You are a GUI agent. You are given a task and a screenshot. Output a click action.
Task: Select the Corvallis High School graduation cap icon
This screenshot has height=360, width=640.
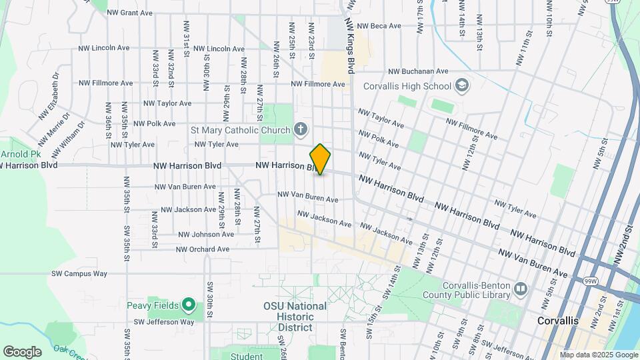(461, 86)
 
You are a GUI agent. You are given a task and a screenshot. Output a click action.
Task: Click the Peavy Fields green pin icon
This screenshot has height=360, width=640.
(189, 306)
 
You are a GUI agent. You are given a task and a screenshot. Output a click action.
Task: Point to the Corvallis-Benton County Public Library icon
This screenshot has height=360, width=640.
(520, 289)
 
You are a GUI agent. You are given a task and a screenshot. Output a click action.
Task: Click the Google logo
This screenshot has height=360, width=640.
(22, 351)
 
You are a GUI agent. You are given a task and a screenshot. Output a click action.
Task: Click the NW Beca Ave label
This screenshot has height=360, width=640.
(379, 26)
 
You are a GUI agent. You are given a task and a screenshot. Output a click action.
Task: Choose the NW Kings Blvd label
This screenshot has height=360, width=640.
(349, 45)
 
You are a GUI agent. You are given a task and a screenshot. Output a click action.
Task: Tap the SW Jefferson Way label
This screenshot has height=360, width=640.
(163, 322)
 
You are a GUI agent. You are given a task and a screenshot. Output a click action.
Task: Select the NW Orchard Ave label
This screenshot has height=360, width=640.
(203, 249)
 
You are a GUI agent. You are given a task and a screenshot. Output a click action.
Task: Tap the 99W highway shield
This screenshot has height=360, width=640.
(590, 263)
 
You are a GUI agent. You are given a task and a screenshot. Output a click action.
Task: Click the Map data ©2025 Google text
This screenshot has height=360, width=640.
(599, 355)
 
